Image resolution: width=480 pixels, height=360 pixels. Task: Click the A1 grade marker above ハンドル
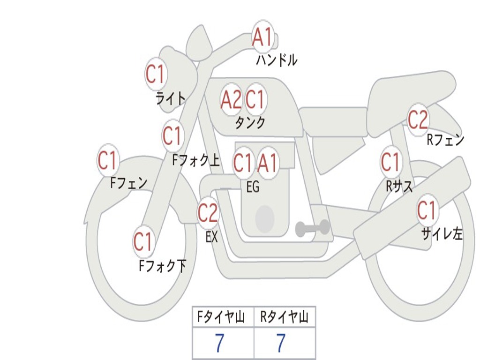[x=262, y=37]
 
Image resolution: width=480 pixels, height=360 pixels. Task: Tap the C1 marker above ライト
[x=156, y=74]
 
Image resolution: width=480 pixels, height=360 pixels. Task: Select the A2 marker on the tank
[x=231, y=99]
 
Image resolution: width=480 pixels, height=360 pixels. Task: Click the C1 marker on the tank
[x=255, y=99]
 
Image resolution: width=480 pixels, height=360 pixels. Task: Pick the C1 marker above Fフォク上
[x=172, y=135]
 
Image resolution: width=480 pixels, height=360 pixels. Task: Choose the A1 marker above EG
[x=268, y=163]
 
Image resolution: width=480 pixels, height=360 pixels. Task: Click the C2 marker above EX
[x=208, y=213]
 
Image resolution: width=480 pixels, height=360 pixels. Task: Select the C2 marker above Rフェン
[x=418, y=120]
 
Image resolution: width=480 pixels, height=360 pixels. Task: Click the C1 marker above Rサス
[x=391, y=162]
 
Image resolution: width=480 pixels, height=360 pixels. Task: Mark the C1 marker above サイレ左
[x=427, y=210]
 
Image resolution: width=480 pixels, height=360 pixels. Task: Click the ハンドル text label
[x=277, y=60]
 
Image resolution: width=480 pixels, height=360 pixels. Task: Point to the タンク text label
[x=250, y=122]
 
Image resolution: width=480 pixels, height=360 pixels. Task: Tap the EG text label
[x=253, y=187]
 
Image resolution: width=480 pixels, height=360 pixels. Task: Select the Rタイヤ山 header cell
[x=285, y=317]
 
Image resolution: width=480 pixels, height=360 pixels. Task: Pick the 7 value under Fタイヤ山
[x=219, y=343]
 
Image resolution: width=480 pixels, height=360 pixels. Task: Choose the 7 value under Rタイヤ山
[x=281, y=343]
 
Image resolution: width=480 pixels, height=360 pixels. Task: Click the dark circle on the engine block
[x=265, y=218]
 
